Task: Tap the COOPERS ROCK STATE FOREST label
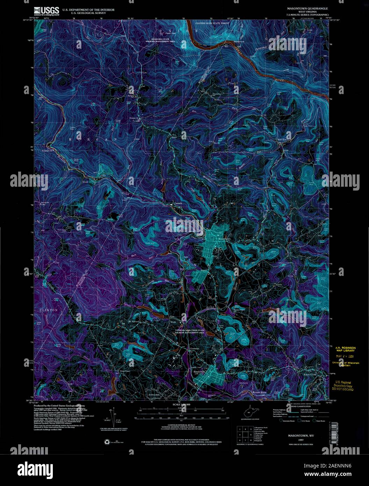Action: (x=209, y=23)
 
